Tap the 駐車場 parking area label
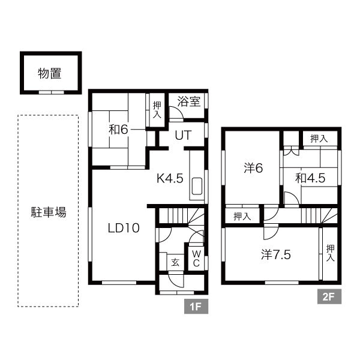(49, 212)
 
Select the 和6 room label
(118, 129)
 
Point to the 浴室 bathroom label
(188, 102)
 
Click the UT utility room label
(182, 136)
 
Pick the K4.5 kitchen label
(170, 178)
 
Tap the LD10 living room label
(124, 227)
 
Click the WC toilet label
(196, 258)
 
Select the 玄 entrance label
(175, 262)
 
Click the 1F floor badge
(195, 308)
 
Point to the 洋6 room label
(253, 168)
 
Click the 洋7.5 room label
(276, 254)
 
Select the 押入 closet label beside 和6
(157, 110)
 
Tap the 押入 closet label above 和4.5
(319, 139)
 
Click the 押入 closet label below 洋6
(242, 216)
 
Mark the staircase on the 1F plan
(183, 216)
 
